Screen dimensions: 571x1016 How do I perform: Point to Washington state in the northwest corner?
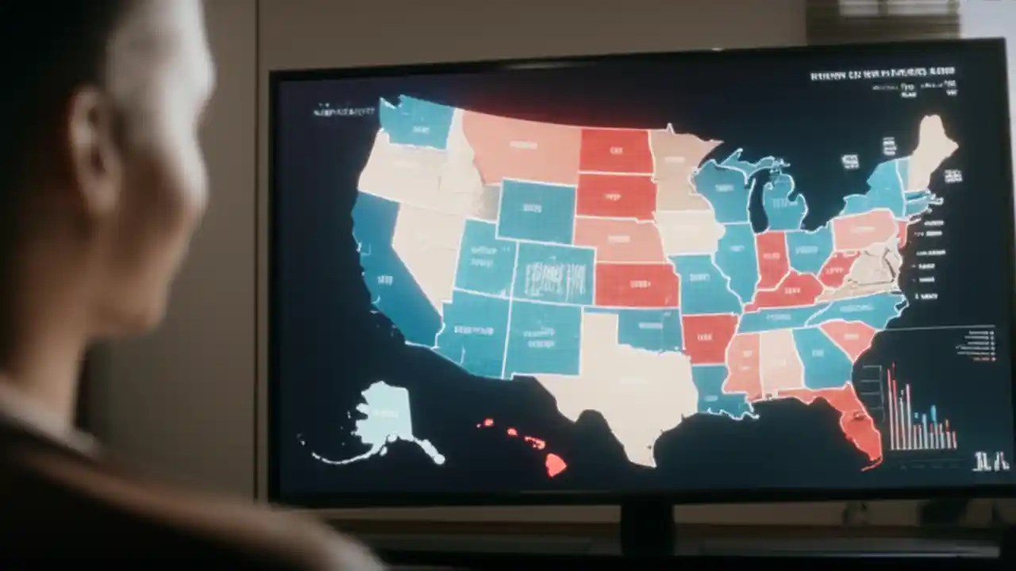413,123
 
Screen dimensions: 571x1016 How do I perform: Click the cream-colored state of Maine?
929,147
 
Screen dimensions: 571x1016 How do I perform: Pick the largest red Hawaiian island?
555,465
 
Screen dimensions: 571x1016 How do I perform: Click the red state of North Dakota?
614,150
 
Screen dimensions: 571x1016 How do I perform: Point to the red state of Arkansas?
708,337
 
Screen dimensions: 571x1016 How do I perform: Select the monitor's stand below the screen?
646,527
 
